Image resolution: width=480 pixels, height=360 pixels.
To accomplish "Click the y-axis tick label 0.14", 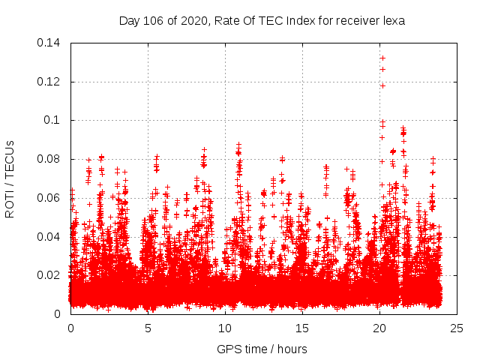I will coord(49,43).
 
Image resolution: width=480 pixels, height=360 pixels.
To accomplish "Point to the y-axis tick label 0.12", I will coord(49,82).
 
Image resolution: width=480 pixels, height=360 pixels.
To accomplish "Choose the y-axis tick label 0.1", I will coord(53,120).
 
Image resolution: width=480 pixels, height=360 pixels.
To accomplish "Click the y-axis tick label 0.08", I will coord(49,159).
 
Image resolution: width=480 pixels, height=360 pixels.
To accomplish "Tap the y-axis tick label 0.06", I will coord(49,198).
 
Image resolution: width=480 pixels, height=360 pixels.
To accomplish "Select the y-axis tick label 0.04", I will coord(49,237).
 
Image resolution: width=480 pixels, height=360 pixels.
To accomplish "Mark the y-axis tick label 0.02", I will coord(49,275).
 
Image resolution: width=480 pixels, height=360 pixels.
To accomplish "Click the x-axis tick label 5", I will coord(148,328).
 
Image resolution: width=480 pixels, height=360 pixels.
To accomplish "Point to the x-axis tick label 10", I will coord(225,328).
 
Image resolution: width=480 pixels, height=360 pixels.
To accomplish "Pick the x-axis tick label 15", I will coord(302,328).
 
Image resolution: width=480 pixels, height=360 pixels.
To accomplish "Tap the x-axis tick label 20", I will coord(379,328).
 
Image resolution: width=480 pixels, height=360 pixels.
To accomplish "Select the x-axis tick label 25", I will coord(457,328).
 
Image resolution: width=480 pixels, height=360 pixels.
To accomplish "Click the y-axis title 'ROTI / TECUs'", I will coord(10,178).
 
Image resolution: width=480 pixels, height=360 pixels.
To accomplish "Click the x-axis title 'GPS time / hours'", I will coord(262,349).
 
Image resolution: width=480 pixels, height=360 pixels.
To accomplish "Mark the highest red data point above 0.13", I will coord(382,58).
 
